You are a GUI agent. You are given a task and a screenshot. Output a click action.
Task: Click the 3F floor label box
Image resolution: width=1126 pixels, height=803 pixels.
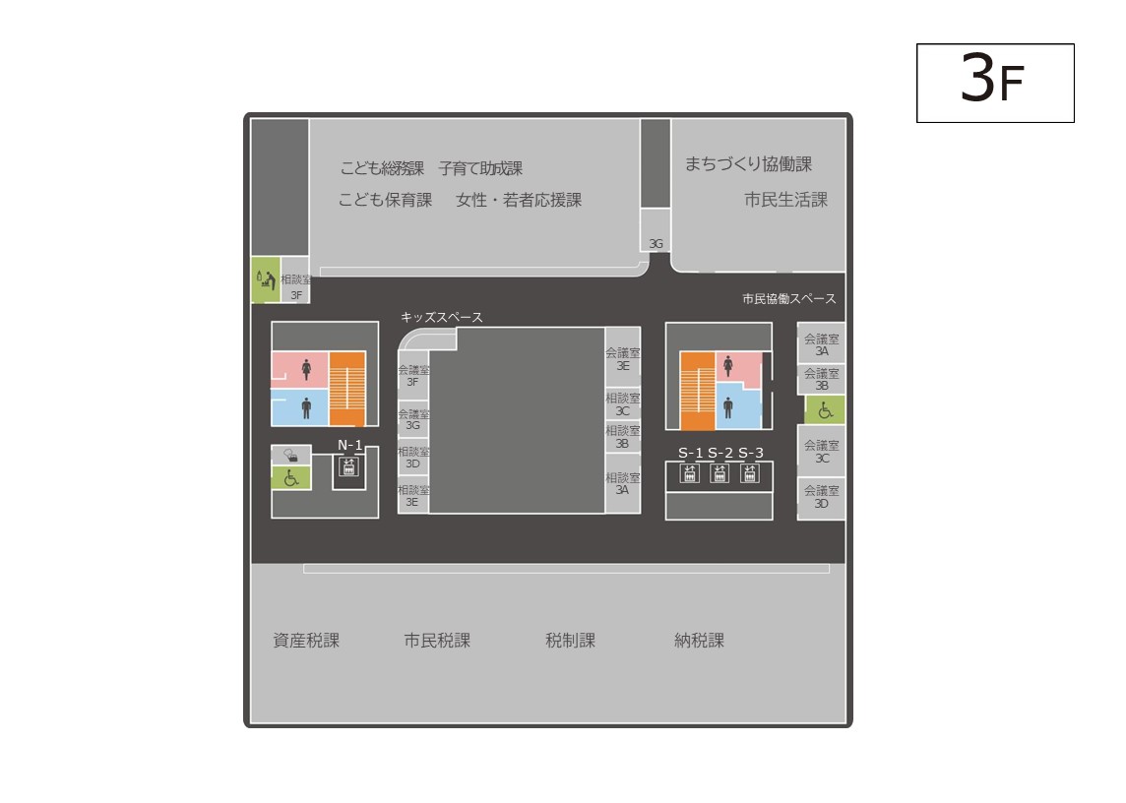point(994,83)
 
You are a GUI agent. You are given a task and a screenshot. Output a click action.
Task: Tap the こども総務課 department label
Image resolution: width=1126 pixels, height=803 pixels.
point(382,168)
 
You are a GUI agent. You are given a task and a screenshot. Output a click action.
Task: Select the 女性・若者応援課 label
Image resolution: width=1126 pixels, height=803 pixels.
point(519,200)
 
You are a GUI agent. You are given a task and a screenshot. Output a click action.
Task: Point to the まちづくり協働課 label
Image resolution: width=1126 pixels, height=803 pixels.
point(748,163)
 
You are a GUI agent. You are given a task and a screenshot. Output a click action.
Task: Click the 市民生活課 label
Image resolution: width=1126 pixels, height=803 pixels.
point(785,199)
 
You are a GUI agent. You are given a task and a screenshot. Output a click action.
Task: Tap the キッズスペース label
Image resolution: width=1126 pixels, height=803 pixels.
point(442,317)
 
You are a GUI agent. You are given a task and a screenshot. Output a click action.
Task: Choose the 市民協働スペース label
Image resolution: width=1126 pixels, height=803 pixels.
point(789,298)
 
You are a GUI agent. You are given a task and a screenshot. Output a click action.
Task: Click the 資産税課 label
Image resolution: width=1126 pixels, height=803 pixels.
point(306,640)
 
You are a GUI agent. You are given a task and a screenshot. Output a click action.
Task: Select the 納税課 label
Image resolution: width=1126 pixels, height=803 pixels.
point(699,640)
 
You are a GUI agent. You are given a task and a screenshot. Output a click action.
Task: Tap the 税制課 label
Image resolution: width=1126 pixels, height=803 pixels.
point(570,640)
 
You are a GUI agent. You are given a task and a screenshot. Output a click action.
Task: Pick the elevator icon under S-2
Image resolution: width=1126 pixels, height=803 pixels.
point(719,473)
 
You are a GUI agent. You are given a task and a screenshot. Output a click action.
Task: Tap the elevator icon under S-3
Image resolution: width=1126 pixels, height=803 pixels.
point(750,473)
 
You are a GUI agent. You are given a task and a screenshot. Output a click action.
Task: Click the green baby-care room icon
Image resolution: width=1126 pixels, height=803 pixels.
point(266,279)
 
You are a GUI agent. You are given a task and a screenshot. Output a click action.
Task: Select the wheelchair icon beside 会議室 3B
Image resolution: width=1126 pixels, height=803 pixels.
point(825,410)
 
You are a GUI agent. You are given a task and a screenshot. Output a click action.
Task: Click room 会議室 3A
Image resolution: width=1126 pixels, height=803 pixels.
point(822,344)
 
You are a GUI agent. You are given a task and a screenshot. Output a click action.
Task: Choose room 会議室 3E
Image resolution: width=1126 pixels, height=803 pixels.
point(623,358)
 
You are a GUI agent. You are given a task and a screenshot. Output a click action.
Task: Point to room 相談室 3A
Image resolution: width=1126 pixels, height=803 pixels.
point(623,483)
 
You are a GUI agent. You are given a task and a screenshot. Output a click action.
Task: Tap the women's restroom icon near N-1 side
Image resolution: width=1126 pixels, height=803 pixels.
point(307,369)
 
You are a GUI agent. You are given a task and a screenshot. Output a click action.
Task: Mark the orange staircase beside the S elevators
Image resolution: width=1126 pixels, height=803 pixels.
point(697,391)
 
